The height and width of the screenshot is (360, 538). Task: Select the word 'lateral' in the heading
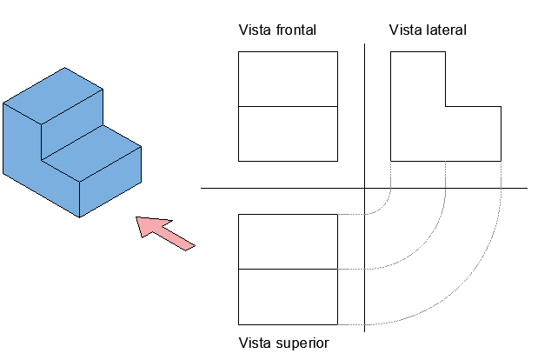coord(445,30)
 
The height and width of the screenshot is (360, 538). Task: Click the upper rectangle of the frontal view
coord(288,79)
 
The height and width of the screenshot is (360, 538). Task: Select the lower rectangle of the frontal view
coord(288,134)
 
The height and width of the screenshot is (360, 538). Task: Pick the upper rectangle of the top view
coord(288,242)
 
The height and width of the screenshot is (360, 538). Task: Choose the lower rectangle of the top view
coord(288,297)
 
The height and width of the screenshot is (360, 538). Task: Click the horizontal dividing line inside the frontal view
coord(288,106)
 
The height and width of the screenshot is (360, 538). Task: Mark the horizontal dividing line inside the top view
coord(288,270)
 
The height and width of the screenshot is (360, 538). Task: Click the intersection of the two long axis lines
coord(365,188)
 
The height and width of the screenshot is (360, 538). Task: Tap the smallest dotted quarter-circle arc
coord(383,206)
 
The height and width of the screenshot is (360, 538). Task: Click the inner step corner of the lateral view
coord(446,106)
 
